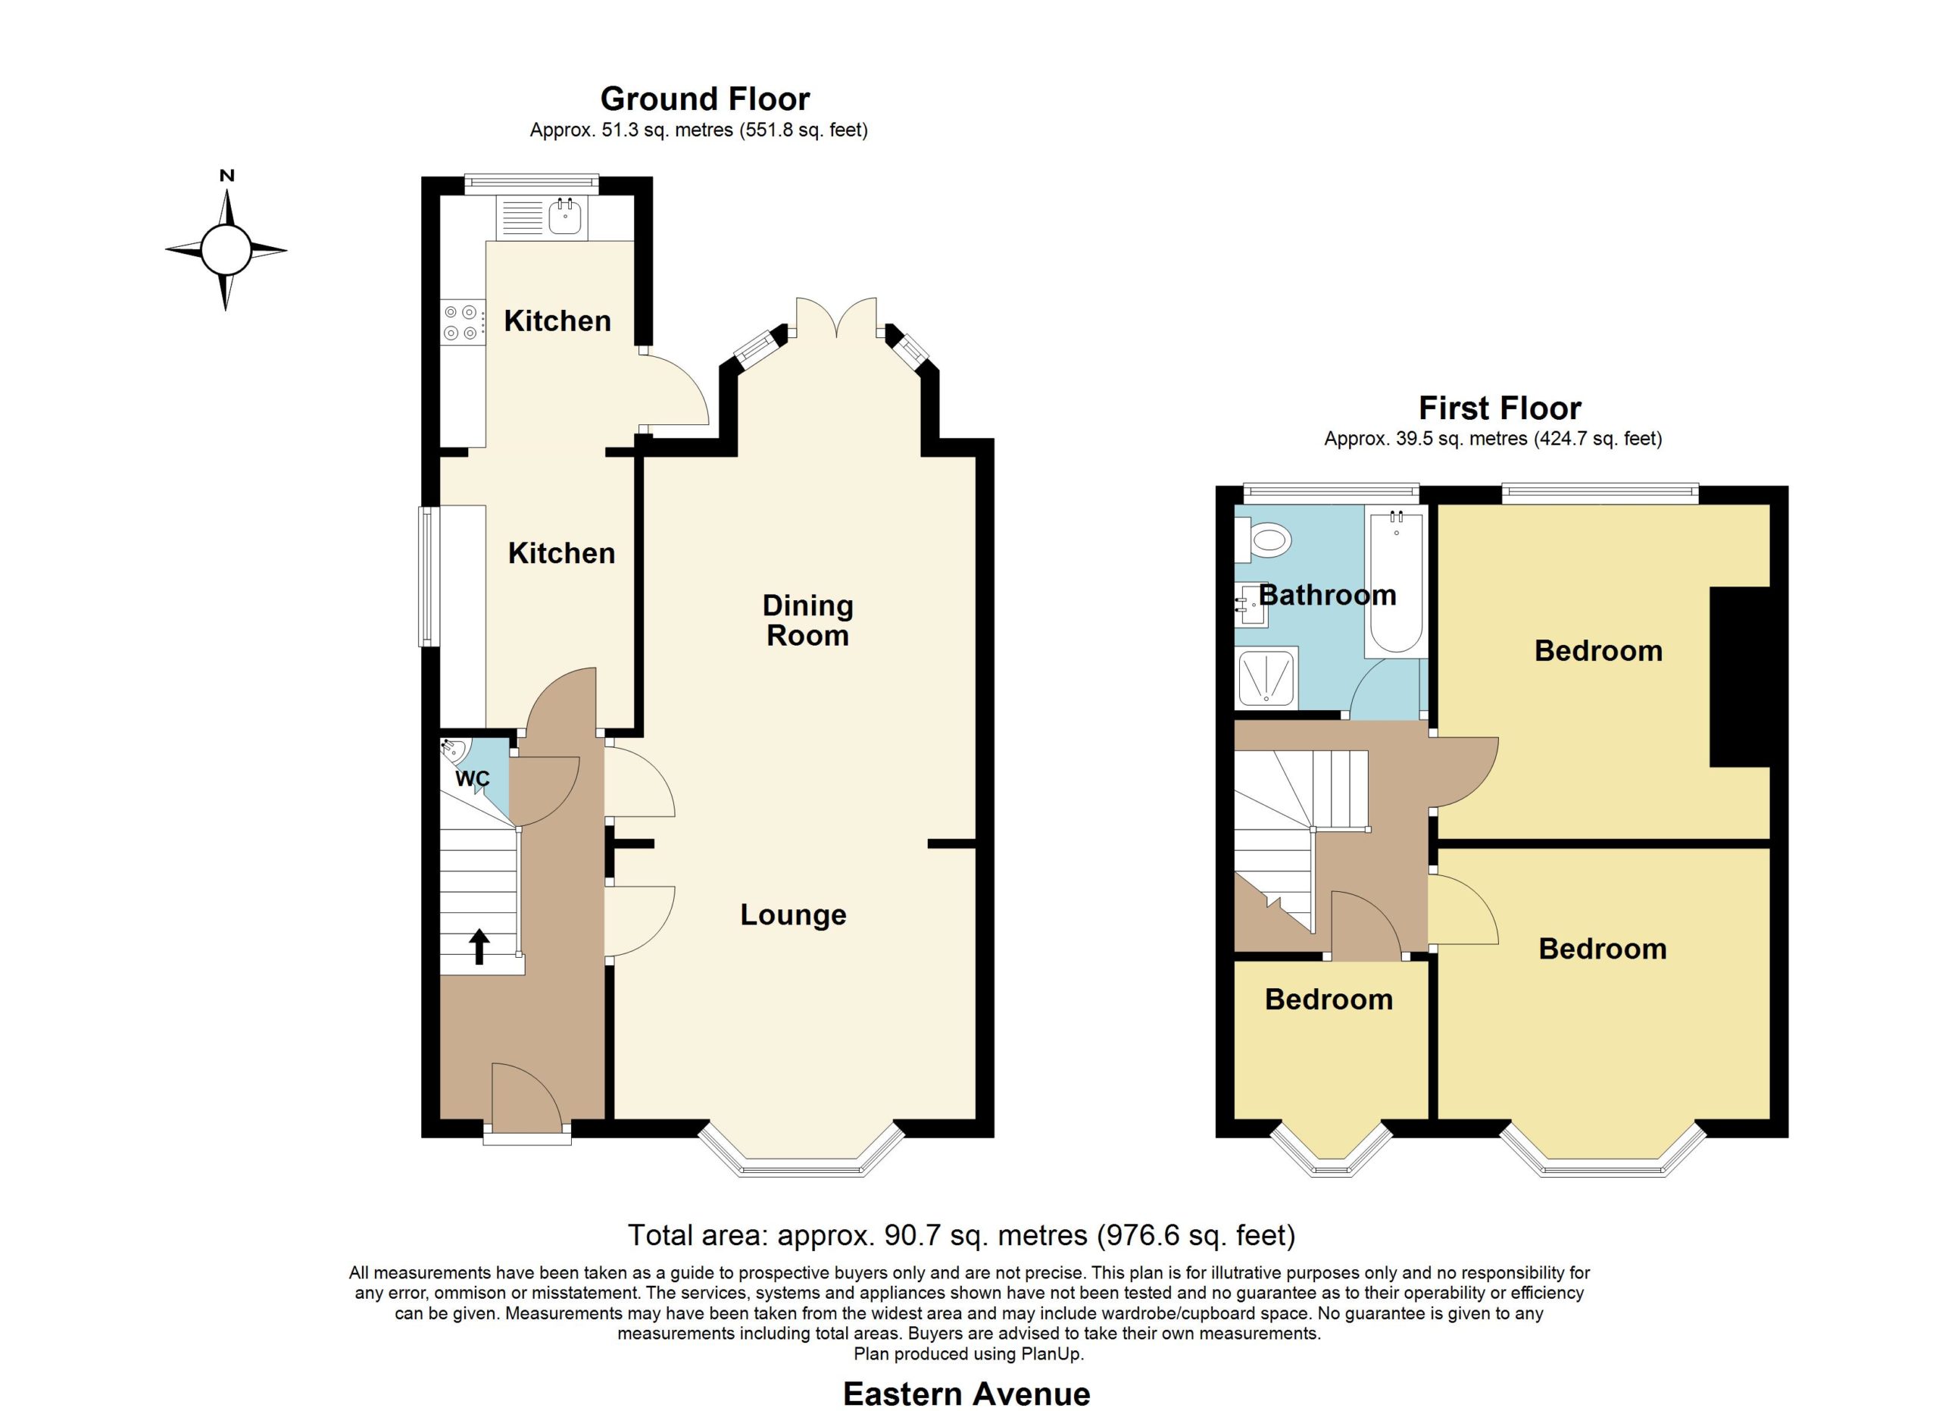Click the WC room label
[x=473, y=779]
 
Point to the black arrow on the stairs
[x=479, y=946]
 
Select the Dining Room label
[x=808, y=620]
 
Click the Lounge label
[x=793, y=915]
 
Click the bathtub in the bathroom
[x=1395, y=583]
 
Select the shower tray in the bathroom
[x=1266, y=679]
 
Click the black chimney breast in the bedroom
[x=1739, y=677]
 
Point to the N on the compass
[x=226, y=176]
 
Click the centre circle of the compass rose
[x=226, y=251]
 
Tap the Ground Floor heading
[x=705, y=99]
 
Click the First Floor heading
[x=1500, y=408]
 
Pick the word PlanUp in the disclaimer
[x=1051, y=1353]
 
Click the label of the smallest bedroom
[x=1329, y=1000]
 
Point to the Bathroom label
[x=1328, y=595]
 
